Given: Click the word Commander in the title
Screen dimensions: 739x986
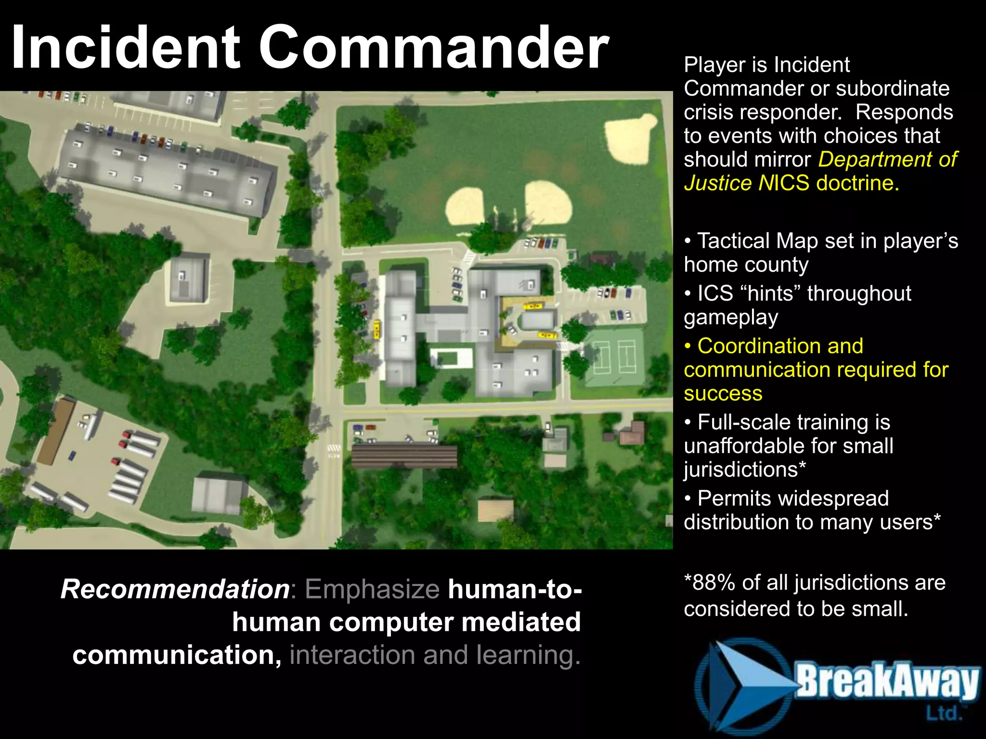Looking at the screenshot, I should (433, 48).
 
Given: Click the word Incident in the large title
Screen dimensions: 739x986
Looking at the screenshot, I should (125, 48).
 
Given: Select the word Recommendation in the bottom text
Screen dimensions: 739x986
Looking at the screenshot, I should (175, 589).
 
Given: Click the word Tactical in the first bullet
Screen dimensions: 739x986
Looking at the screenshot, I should (733, 241).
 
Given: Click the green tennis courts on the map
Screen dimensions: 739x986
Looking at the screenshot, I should (614, 357).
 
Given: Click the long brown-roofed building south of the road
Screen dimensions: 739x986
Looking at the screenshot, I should (404, 456).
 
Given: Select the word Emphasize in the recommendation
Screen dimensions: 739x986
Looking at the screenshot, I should (372, 589).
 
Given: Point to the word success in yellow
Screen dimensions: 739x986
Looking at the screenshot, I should (723, 394).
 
